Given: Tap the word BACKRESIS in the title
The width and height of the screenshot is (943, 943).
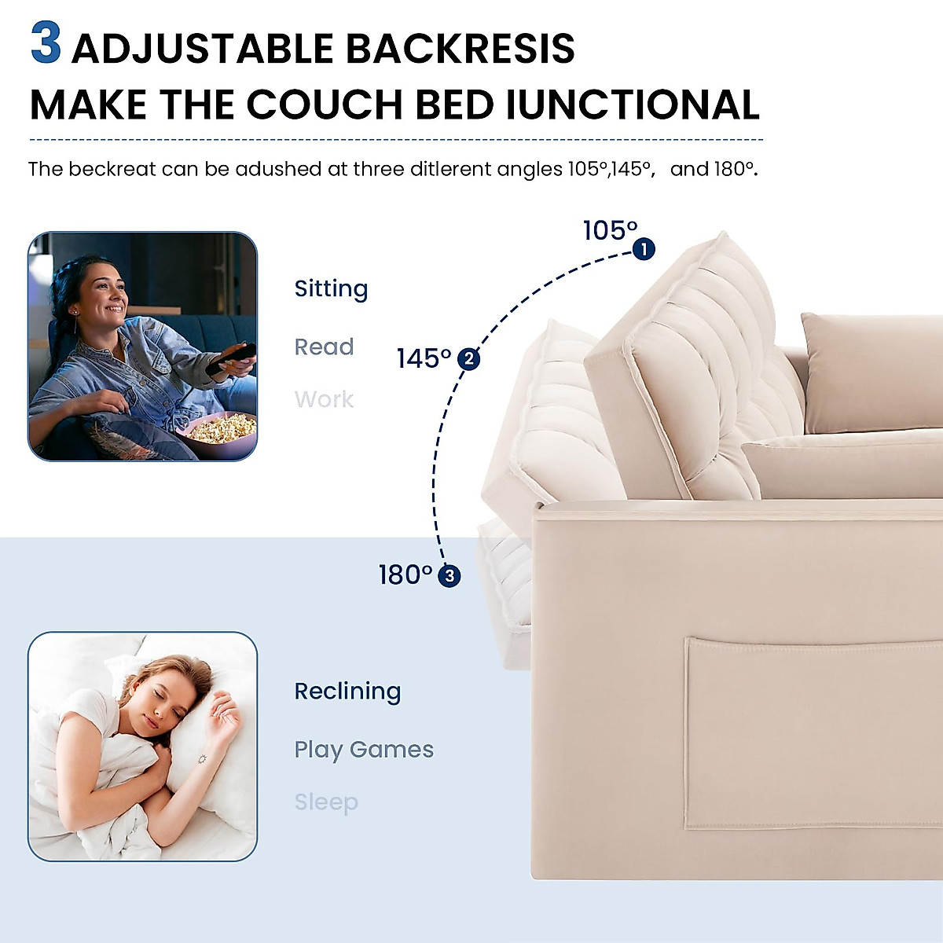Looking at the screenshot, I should pyautogui.click(x=460, y=49).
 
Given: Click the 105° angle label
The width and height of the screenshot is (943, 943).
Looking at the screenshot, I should pyautogui.click(x=610, y=230).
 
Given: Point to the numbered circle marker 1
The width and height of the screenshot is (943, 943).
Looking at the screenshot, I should pyautogui.click(x=644, y=250).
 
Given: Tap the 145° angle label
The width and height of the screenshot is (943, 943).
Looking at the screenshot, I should pyautogui.click(x=424, y=358).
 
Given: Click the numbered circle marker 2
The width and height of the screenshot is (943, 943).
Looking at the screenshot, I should pyautogui.click(x=469, y=359).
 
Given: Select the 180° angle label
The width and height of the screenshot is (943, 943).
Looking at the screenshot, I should pyautogui.click(x=405, y=575).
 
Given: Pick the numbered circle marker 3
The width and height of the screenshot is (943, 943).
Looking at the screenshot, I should pyautogui.click(x=449, y=576).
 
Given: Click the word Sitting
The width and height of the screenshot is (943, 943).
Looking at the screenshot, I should pyautogui.click(x=331, y=289).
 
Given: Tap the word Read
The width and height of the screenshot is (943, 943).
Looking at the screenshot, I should pyautogui.click(x=324, y=347).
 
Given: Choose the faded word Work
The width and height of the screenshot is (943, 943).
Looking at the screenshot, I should pyautogui.click(x=324, y=399).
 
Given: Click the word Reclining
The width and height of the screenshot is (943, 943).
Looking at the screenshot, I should pyautogui.click(x=347, y=692).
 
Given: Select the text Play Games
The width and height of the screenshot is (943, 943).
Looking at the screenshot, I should pyautogui.click(x=364, y=750).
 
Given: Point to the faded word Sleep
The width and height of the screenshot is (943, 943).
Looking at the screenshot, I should pyautogui.click(x=326, y=802).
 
